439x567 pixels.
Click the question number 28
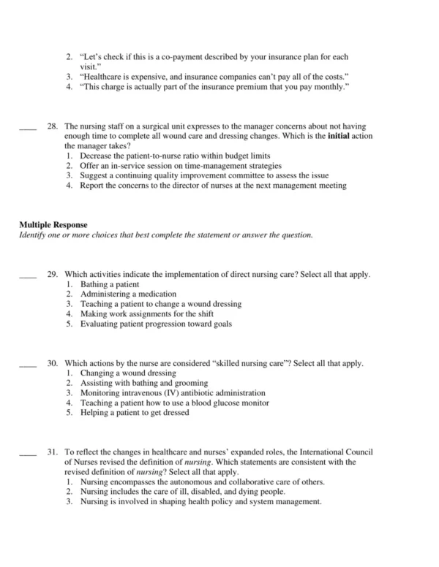pyautogui.click(x=52, y=126)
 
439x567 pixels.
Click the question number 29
pyautogui.click(x=52, y=274)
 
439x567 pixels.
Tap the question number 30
pyautogui.click(x=52, y=363)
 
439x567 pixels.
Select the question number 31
pyautogui.click(x=52, y=453)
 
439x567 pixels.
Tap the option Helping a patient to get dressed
pyautogui.click(x=135, y=413)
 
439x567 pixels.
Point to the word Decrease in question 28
pyautogui.click(x=97, y=156)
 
